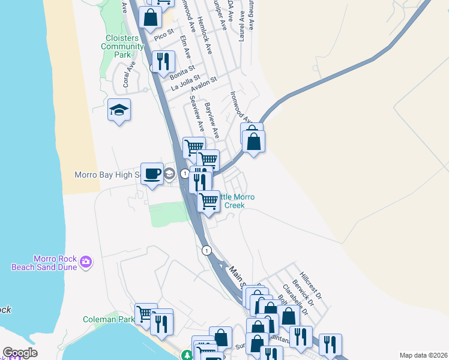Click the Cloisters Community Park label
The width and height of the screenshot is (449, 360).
pos(122,46)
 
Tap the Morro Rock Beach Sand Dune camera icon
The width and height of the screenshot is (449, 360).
pos(86,261)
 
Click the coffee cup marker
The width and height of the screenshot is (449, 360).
pos(152,173)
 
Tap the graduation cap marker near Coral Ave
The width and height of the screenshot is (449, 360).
pos(119,110)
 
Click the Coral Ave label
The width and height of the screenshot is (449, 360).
pos(126,78)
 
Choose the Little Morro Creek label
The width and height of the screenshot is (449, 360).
pos(231,201)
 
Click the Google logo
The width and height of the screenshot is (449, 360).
pos(20,353)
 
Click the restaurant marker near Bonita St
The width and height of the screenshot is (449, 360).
pos(163,62)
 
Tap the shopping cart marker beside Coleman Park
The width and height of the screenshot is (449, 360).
pos(146,313)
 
